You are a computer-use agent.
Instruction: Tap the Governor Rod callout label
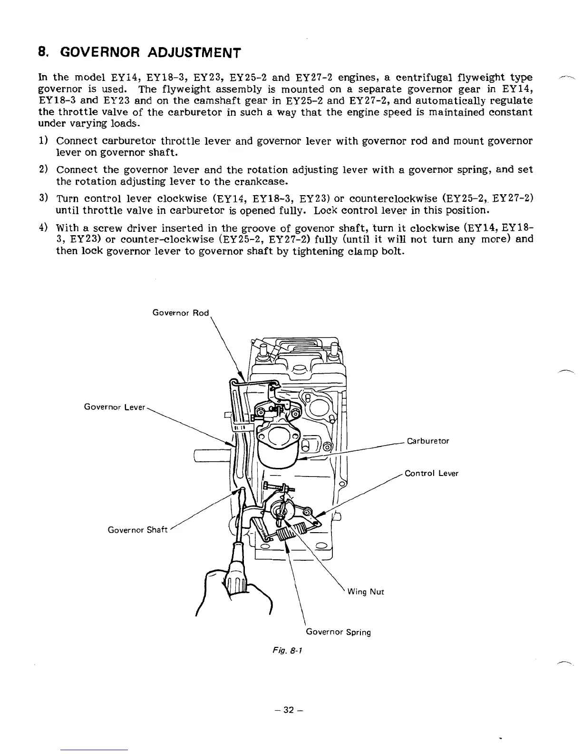(181, 313)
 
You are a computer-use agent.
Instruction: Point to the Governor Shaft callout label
(138, 530)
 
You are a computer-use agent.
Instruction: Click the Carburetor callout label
(428, 441)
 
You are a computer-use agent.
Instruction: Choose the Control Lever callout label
(431, 473)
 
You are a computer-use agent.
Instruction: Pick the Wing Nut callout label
(366, 592)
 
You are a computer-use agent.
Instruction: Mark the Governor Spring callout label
(338, 632)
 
